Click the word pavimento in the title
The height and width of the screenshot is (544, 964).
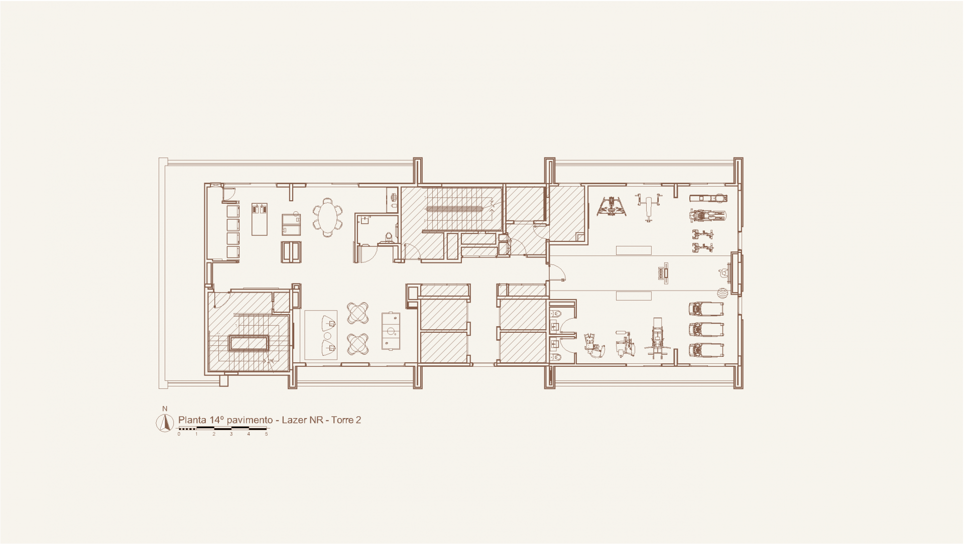(249, 420)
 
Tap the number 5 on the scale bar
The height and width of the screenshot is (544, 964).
(266, 434)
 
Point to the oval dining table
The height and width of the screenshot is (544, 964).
(327, 217)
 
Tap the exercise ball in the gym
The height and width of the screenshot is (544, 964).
(722, 293)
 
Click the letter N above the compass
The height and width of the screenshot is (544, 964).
(165, 409)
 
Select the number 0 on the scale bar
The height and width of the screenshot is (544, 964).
(179, 434)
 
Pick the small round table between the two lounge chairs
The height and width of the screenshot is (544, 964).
(328, 336)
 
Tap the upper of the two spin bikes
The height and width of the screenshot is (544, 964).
(703, 234)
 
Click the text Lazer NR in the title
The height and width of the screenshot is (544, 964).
(302, 420)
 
